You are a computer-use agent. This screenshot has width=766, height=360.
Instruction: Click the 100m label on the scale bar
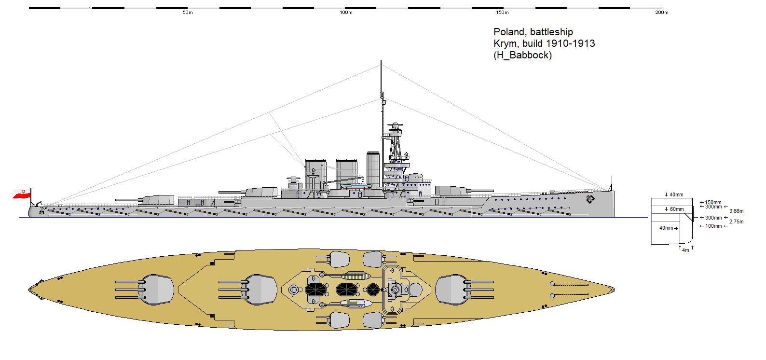(346, 13)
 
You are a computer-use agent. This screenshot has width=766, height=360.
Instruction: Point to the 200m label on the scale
(661, 13)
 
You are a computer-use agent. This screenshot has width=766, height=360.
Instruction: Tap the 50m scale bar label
(188, 13)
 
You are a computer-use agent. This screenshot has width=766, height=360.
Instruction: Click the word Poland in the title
(509, 32)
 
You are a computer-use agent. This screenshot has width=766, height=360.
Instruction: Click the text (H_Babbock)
(522, 55)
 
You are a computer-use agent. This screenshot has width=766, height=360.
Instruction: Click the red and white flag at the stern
(22, 194)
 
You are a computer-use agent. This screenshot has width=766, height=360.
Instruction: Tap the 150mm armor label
(713, 202)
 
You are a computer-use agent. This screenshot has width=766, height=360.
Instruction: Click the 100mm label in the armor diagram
(713, 226)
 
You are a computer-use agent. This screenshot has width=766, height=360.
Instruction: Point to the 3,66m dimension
(736, 211)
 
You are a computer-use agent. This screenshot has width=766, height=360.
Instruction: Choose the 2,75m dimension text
(736, 222)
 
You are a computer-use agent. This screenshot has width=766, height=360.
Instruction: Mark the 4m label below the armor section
(685, 250)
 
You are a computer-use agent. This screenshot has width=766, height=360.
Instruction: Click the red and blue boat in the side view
(356, 186)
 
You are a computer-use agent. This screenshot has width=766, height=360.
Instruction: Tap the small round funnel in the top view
(372, 290)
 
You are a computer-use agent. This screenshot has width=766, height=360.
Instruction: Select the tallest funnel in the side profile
(373, 169)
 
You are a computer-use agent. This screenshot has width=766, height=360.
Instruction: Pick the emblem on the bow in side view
(590, 199)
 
